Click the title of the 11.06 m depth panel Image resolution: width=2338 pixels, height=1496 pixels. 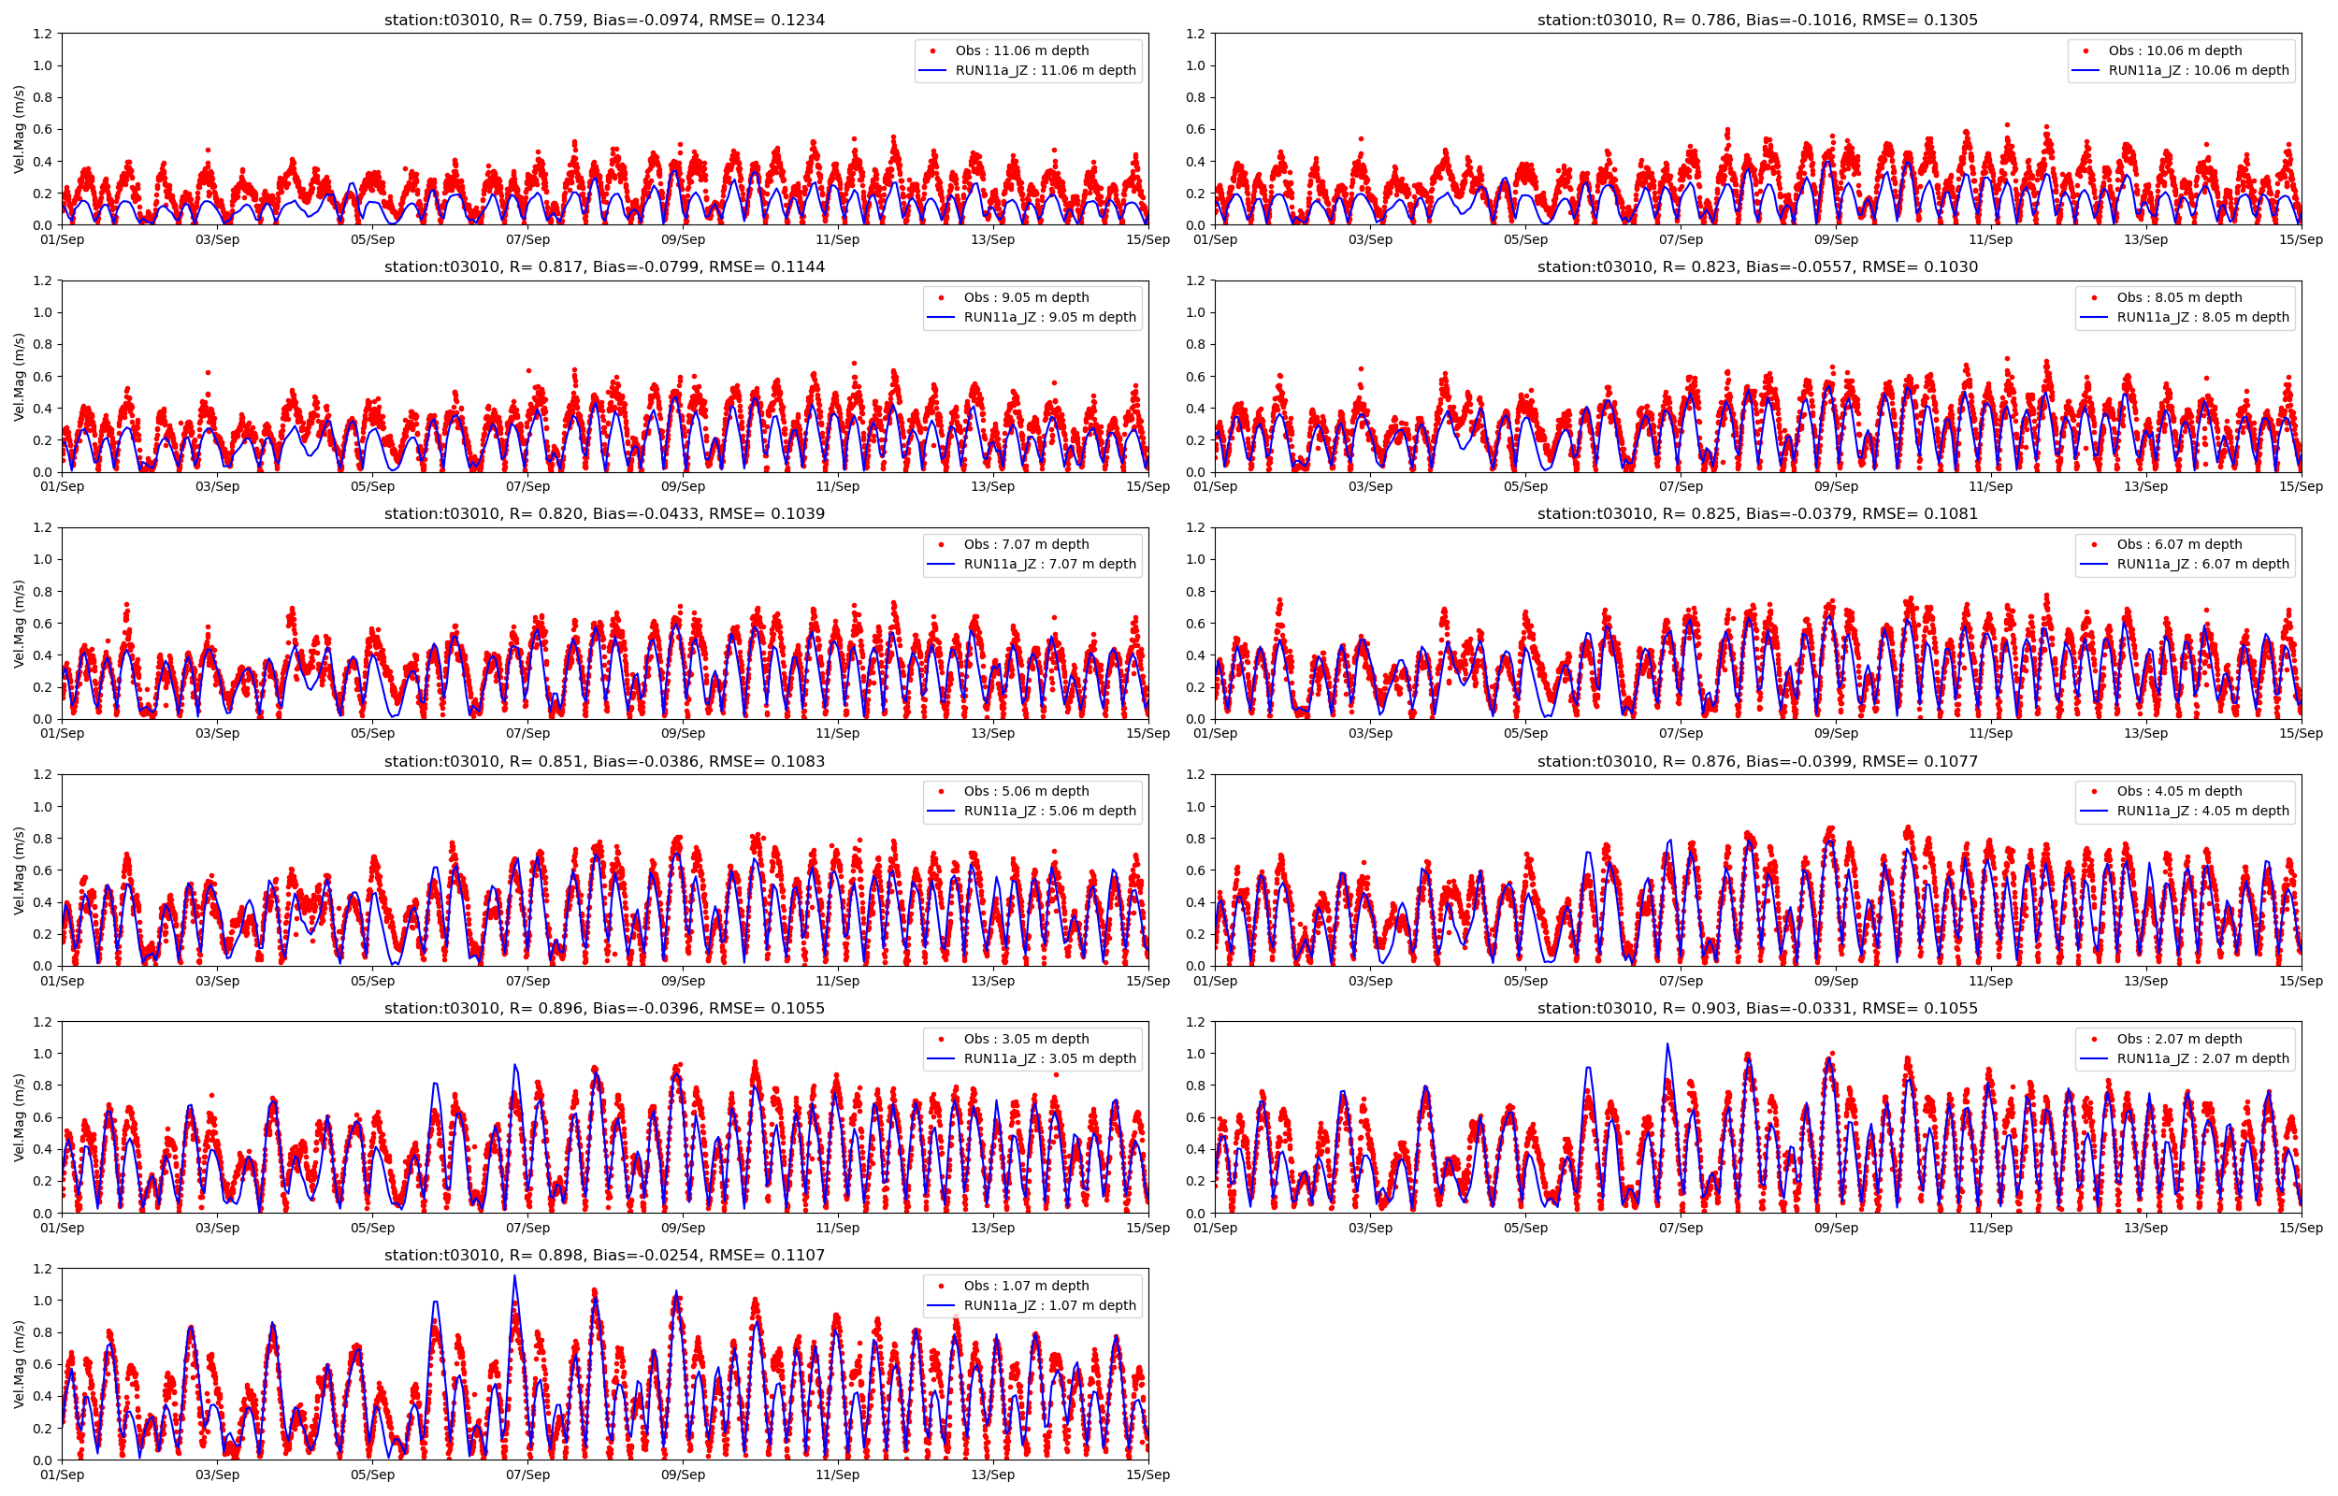point(604,20)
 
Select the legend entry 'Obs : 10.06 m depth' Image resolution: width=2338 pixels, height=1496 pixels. point(2175,50)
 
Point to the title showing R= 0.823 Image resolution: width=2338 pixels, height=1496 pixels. point(1757,267)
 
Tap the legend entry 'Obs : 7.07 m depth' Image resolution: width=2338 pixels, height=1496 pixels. point(1026,544)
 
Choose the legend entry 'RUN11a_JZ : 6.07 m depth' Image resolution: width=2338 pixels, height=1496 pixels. point(2202,564)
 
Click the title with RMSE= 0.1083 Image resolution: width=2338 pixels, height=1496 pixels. point(604,762)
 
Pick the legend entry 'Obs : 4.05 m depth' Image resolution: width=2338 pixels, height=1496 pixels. point(2179,792)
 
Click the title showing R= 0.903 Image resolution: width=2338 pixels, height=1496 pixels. point(1757,1008)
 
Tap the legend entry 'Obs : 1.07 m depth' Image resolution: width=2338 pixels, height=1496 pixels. point(1026,1287)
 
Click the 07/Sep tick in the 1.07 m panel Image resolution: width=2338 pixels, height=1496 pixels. point(527,1475)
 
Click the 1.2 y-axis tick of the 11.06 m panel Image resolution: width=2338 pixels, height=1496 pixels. point(41,34)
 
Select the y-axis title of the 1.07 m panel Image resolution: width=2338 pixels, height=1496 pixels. point(20,1364)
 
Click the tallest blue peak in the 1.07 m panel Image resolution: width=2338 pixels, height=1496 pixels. point(514,1276)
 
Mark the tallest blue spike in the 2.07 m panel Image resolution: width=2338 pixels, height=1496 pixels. point(1667,1044)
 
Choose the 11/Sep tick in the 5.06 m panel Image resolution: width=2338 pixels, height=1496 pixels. point(837,981)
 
